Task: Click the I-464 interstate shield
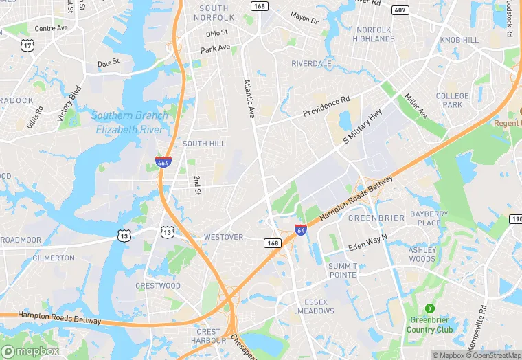tap(163, 163)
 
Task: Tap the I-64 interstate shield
tap(301, 230)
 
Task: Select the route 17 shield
tap(27, 45)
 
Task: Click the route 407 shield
tap(400, 10)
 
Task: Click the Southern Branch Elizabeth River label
tap(129, 122)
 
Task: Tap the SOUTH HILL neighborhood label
tap(204, 144)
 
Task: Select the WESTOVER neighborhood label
tap(223, 237)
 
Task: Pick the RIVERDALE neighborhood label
tap(311, 63)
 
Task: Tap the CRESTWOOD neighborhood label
tap(158, 286)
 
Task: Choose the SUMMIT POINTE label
tap(342, 270)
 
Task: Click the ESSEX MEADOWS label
tap(316, 306)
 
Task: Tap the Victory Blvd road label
tap(69, 103)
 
